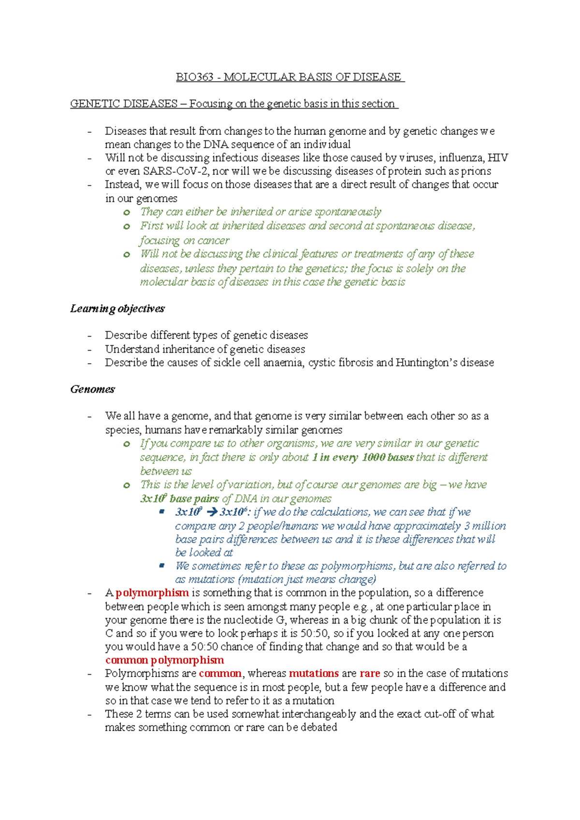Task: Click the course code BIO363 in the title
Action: coord(194,77)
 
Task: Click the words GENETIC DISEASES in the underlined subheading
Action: coord(124,104)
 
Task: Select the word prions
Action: coord(476,171)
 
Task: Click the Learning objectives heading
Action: coord(117,309)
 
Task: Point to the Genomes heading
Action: coord(92,389)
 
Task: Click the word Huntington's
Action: coord(426,363)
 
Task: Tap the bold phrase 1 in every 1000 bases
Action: coord(362,457)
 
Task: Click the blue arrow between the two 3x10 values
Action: coord(212,512)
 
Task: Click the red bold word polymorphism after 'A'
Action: coord(152,593)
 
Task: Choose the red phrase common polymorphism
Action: coord(164,660)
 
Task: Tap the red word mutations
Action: coord(314,674)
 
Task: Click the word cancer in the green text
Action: coord(213,240)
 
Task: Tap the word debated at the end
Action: coord(319,727)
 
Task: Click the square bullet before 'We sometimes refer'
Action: coord(162,565)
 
